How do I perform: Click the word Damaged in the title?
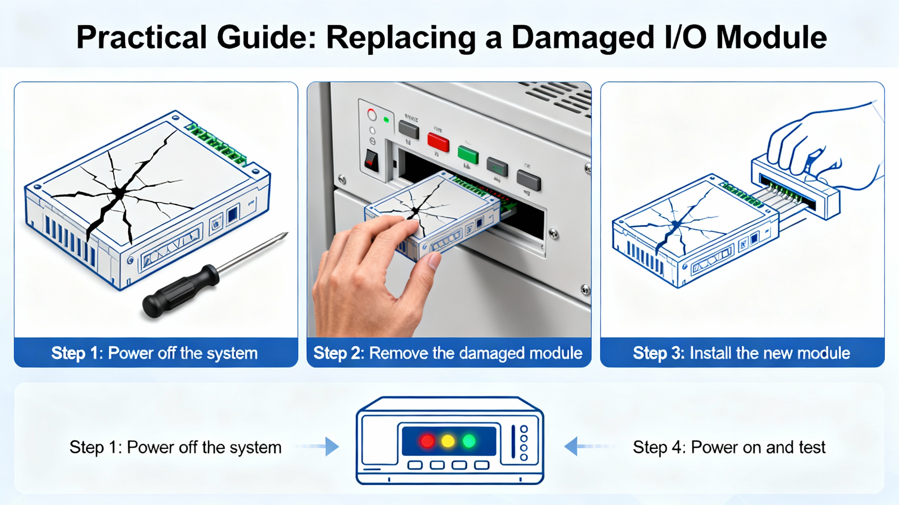coord(583,37)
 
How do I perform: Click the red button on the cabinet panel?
coord(438,142)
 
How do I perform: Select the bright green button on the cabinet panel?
coord(468,155)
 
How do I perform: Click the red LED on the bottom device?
coord(427,441)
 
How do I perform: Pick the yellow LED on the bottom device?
coord(448,441)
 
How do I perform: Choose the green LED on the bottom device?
coord(469,441)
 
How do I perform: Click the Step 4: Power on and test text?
coord(729,447)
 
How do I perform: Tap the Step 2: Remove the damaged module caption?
coord(448,353)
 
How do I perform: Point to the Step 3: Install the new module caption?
coord(741,353)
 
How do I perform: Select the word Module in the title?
coord(771,37)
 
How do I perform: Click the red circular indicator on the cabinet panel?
coord(372,115)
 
